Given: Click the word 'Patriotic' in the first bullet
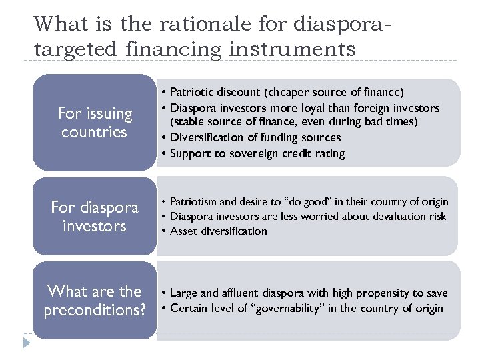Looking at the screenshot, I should point(195,91).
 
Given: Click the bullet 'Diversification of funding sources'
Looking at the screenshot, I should point(255,137).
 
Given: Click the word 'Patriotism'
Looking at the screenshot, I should point(192,202).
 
